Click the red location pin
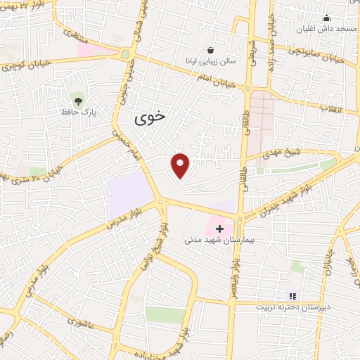click(x=181, y=165)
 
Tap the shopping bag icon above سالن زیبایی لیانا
click(x=211, y=50)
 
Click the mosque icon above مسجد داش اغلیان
click(x=326, y=18)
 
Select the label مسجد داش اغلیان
click(x=326, y=30)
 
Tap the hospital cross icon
click(x=220, y=229)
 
